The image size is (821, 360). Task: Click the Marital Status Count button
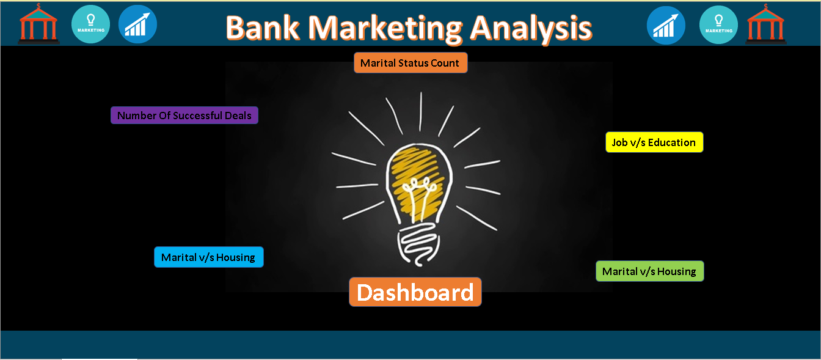pyautogui.click(x=410, y=63)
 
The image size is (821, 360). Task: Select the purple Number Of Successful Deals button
pyautogui.click(x=184, y=116)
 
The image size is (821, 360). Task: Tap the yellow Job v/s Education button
pyautogui.click(x=654, y=142)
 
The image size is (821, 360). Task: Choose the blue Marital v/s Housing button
pyautogui.click(x=208, y=257)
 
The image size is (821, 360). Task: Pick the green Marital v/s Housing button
pyautogui.click(x=649, y=271)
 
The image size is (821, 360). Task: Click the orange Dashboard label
pyautogui.click(x=415, y=292)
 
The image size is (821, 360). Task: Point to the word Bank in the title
pyautogui.click(x=263, y=28)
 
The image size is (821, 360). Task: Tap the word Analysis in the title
pyautogui.click(x=530, y=28)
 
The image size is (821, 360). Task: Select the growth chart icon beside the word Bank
pyautogui.click(x=137, y=24)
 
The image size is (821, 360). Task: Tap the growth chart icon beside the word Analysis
pyautogui.click(x=666, y=25)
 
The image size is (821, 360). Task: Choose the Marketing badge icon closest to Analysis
pyautogui.click(x=718, y=24)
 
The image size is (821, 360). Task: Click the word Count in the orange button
pyautogui.click(x=445, y=63)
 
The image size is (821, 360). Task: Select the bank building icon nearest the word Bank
pyautogui.click(x=38, y=24)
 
